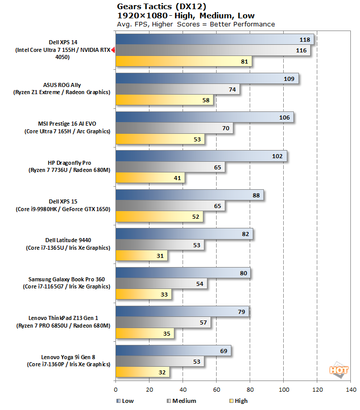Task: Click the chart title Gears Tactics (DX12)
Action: [x=161, y=7]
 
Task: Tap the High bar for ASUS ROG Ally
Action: [x=164, y=101]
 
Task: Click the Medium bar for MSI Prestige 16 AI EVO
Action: [x=174, y=129]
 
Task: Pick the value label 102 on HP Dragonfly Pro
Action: [x=277, y=156]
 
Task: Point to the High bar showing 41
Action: [x=150, y=178]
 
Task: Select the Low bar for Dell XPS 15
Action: [x=190, y=195]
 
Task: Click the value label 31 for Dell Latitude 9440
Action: [x=160, y=256]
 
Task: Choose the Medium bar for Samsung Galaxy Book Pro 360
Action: [x=161, y=283]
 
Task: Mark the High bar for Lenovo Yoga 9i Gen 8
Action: [x=142, y=372]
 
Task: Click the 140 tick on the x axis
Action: [x=350, y=390]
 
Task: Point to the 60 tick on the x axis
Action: [x=216, y=390]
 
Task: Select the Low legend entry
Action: [x=125, y=401]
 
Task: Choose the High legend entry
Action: [x=237, y=401]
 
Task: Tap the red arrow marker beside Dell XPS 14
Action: [x=113, y=50]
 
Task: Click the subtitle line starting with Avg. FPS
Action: [x=196, y=24]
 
